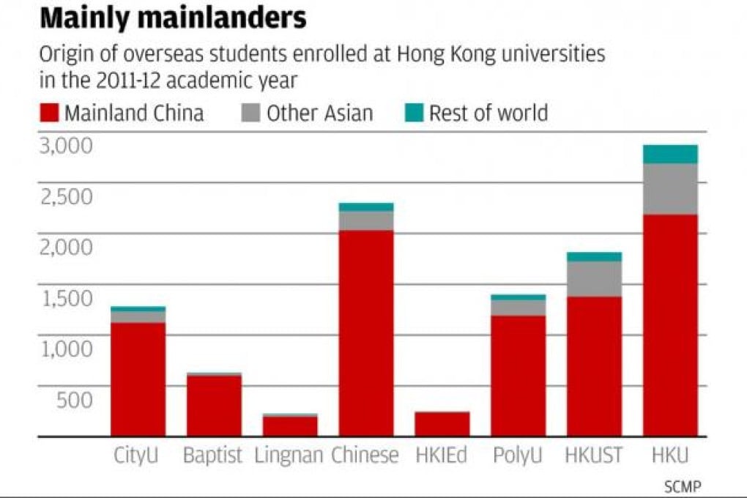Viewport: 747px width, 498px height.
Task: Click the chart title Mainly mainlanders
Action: [x=173, y=19]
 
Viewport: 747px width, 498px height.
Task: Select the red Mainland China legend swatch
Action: [x=50, y=114]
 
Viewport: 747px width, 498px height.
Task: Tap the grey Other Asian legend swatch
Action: [x=250, y=114]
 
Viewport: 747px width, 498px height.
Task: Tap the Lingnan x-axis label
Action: [x=289, y=456]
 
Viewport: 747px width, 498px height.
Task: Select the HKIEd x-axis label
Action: [x=442, y=456]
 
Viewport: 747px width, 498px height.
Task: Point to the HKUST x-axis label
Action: [x=594, y=456]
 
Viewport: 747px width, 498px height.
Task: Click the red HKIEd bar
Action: [x=442, y=424]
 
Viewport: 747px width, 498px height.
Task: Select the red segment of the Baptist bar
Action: [x=214, y=406]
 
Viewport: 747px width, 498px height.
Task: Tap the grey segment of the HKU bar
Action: [x=670, y=188]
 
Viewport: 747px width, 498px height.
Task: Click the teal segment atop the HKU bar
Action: [x=670, y=154]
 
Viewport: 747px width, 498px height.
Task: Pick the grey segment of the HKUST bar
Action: [x=594, y=278]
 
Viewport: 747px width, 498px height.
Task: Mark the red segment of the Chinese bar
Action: [x=365, y=333]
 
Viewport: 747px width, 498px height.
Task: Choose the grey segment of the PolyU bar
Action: [x=518, y=308]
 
